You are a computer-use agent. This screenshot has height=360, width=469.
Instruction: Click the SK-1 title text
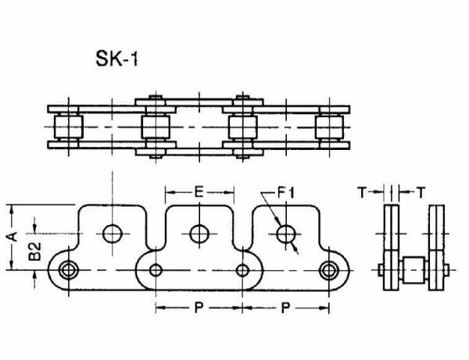[117, 59]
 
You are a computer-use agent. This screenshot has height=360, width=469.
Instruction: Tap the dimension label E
[199, 192]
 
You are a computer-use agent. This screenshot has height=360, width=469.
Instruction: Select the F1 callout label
[286, 192]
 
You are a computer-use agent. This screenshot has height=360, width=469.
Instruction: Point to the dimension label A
[13, 236]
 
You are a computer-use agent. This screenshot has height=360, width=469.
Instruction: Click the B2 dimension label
[34, 251]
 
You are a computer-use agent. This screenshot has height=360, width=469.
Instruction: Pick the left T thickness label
[362, 192]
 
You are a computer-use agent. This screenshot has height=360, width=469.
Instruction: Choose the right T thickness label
[421, 192]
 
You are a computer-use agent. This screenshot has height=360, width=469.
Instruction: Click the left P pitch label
[199, 307]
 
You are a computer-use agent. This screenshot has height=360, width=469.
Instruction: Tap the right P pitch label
[285, 307]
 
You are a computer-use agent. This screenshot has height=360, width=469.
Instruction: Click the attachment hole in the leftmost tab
[113, 233]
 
